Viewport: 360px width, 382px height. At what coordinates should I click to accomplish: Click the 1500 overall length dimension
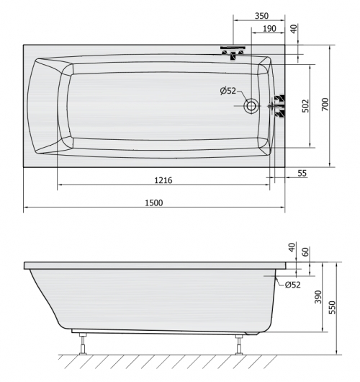click(154, 203)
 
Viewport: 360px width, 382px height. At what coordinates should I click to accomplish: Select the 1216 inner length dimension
click(163, 180)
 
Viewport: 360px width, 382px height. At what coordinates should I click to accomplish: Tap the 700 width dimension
click(325, 105)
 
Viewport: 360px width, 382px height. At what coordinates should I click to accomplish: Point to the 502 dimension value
click(305, 106)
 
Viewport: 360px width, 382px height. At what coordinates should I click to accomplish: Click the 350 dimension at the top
click(261, 16)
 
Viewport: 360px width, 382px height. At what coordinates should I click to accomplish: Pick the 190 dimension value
click(269, 29)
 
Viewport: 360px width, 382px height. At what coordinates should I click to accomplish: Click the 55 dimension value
click(302, 173)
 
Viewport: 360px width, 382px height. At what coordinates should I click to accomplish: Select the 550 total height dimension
click(332, 308)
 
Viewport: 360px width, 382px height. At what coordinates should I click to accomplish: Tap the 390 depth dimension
click(318, 297)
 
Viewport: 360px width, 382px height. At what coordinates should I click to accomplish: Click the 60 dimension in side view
click(305, 252)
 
